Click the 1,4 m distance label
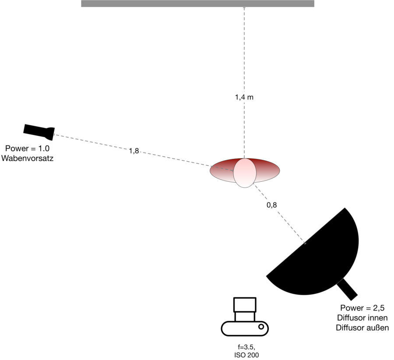[x=244, y=98]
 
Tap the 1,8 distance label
[x=134, y=151]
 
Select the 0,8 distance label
[x=271, y=205]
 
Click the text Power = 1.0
[x=27, y=149]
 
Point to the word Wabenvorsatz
[x=27, y=159]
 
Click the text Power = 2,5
[x=362, y=307]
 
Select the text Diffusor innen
[x=362, y=318]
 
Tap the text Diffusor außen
[x=362, y=328]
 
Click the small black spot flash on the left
[x=39, y=131]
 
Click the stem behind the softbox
[x=348, y=289]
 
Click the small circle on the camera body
[x=261, y=327]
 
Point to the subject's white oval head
[x=245, y=173]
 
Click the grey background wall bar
[x=197, y=4]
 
